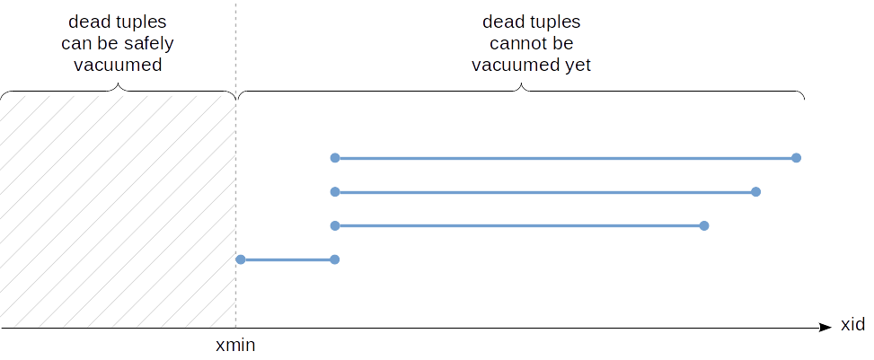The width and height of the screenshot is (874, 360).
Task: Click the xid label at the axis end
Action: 852,325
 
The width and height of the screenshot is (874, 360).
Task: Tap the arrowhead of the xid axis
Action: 825,329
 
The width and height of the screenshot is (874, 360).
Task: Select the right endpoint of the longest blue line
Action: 796,158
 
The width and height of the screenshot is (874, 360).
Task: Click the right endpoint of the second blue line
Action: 756,192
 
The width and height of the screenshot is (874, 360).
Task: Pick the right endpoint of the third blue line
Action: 704,225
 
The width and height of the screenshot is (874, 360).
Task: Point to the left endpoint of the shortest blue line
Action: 241,259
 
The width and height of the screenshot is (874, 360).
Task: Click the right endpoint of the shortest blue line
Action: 334,259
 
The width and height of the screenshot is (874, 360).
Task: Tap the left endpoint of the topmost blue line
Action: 334,158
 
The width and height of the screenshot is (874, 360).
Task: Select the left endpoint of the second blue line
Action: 334,192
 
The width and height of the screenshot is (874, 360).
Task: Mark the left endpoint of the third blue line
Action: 334,225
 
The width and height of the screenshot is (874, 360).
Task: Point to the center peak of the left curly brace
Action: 119,86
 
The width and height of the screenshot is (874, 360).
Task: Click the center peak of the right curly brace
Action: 522,86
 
